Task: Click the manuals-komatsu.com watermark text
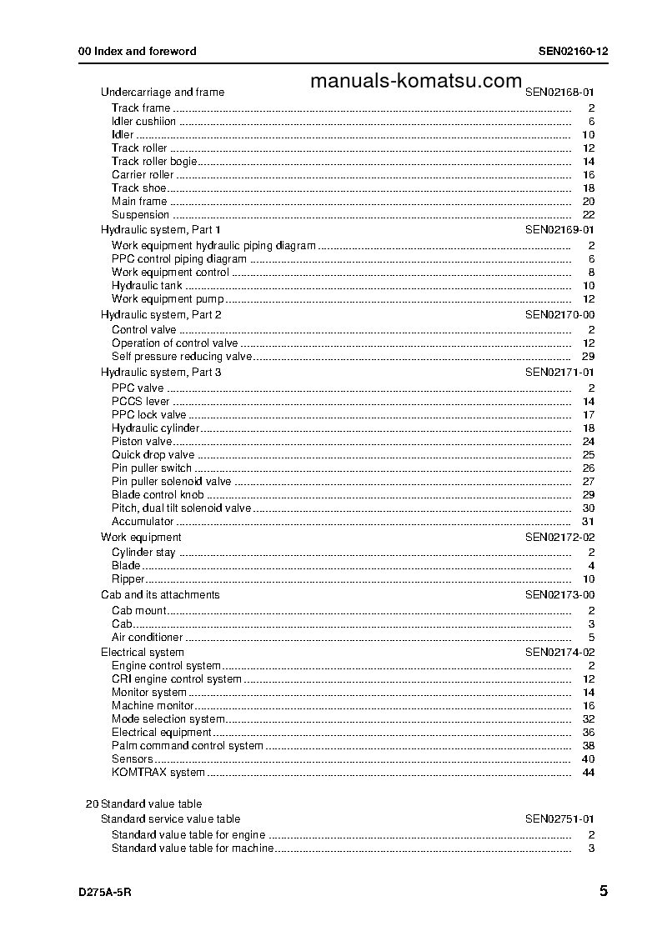[415, 81]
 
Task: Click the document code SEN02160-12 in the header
[573, 51]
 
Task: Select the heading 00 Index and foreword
[138, 51]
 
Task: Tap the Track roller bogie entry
[154, 162]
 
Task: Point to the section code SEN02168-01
[559, 93]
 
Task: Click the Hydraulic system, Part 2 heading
[161, 315]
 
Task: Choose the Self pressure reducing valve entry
[182, 357]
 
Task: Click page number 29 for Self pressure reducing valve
[588, 357]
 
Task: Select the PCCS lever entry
[141, 402]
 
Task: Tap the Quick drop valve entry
[153, 455]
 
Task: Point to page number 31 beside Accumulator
[588, 522]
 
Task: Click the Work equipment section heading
[141, 538]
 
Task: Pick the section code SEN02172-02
[559, 538]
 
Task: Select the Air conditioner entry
[148, 638]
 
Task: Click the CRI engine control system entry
[177, 679]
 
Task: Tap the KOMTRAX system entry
[158, 773]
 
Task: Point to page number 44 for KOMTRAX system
[588, 773]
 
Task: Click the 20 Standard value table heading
[143, 804]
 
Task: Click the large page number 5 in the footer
[603, 891]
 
